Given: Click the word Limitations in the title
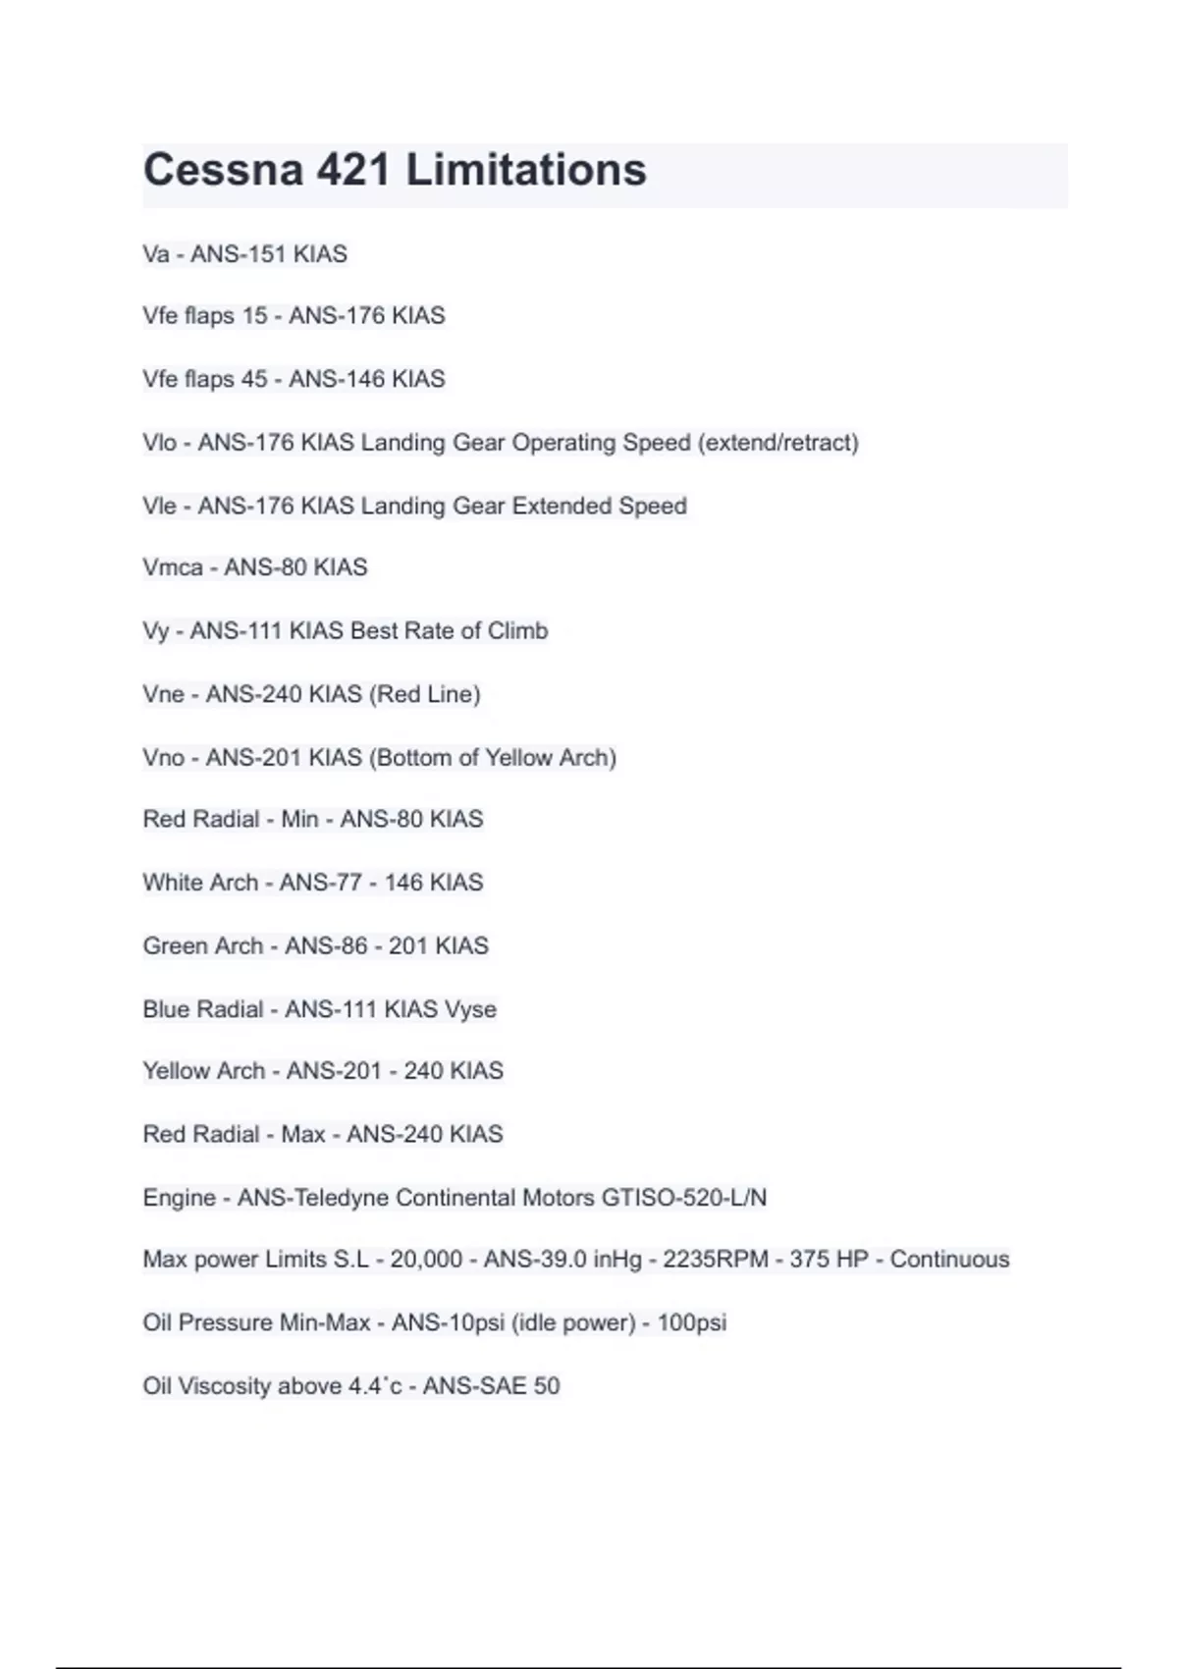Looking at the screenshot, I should [x=526, y=170].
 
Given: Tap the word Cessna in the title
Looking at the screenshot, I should [x=223, y=170].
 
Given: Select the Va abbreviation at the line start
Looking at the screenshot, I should [x=155, y=254].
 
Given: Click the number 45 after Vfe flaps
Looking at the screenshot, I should [x=254, y=379].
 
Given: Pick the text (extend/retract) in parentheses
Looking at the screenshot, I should [x=778, y=443].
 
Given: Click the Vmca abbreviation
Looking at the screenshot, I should [x=172, y=567].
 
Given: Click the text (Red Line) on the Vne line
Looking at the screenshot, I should [x=425, y=694].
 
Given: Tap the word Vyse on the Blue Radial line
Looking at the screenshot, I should [x=470, y=1009].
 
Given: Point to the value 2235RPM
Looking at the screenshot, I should [x=716, y=1260].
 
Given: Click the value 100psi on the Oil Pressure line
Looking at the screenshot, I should [x=692, y=1322].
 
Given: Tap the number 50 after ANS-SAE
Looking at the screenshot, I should [x=546, y=1386].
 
